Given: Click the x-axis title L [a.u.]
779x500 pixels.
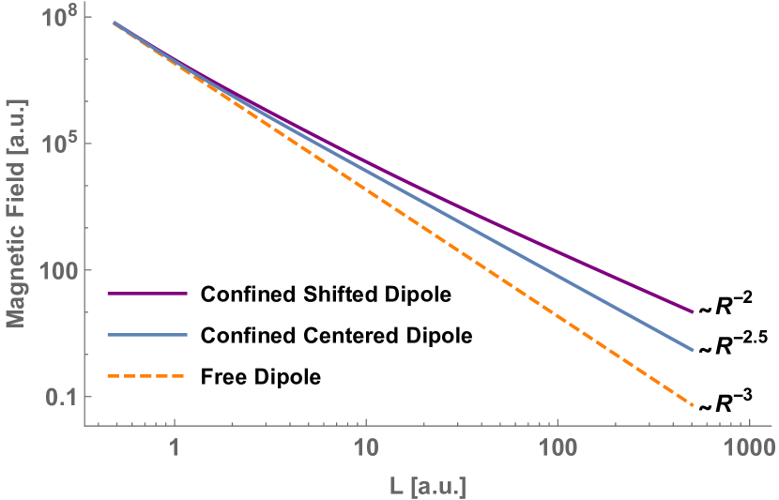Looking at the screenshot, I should click(427, 486).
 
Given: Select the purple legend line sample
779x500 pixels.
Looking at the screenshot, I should click(147, 294).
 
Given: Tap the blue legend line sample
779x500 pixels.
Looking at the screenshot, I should click(147, 335).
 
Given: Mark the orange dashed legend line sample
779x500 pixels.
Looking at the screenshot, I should click(145, 376).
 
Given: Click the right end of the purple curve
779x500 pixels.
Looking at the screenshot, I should click(693, 312).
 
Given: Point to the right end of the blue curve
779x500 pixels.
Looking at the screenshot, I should click(693, 350).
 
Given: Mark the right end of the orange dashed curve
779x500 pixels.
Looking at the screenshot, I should click(693, 405).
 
